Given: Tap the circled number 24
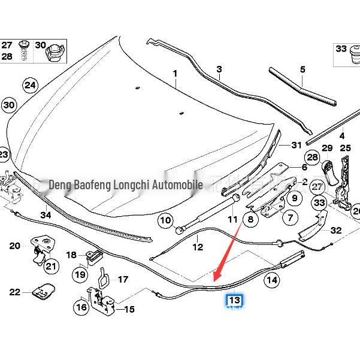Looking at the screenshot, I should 30,85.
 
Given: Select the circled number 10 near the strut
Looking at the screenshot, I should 165,220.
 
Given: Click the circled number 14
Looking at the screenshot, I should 272,279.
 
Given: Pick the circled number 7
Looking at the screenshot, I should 290,218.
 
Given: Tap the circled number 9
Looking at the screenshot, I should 294,198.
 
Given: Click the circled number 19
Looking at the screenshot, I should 80,275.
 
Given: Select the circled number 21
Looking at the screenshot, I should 52,267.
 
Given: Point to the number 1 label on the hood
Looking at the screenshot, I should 176,74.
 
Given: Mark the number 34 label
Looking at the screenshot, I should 46,214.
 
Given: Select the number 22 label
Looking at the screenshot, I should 15,292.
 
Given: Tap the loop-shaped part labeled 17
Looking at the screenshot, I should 102,277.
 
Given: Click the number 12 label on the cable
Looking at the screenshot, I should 198,247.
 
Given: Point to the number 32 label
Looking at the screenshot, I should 335,230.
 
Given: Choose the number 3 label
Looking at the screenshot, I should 219,69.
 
